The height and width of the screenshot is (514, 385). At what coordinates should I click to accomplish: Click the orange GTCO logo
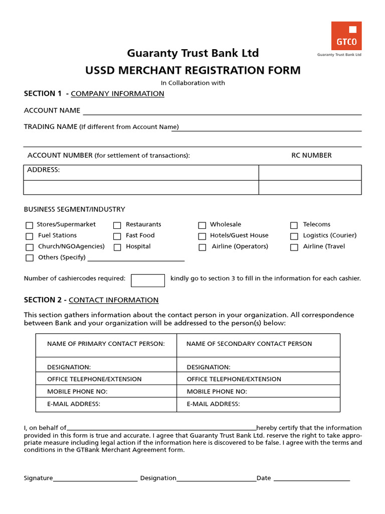(x=346, y=36)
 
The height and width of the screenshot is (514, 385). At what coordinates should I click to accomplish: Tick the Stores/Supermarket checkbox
(x=30, y=225)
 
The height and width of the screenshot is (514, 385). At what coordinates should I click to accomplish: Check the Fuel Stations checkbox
(x=30, y=236)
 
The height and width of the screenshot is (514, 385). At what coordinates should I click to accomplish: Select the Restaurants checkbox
(x=117, y=225)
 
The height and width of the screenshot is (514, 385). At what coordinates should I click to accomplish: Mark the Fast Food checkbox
(x=117, y=236)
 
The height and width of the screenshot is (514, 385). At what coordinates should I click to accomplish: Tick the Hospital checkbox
(x=117, y=247)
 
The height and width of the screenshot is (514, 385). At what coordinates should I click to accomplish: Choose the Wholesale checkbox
(x=202, y=225)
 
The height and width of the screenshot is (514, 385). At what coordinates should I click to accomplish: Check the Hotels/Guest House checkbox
(x=202, y=236)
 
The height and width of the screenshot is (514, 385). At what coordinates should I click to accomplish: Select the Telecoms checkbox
(x=294, y=225)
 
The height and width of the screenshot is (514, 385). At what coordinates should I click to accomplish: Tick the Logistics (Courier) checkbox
(x=294, y=236)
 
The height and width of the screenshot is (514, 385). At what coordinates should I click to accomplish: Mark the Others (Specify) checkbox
(x=30, y=258)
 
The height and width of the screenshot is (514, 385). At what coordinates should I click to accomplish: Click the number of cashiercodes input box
(x=148, y=280)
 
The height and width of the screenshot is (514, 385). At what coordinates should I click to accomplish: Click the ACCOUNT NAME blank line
(x=222, y=111)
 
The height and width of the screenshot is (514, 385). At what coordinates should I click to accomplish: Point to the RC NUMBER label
(x=311, y=156)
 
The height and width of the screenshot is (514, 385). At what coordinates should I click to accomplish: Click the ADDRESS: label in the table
(x=44, y=170)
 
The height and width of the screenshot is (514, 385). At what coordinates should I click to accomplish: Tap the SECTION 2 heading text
(x=91, y=300)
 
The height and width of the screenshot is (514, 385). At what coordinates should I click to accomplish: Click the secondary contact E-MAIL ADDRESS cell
(x=258, y=404)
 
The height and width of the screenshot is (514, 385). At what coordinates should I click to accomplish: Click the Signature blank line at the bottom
(x=95, y=478)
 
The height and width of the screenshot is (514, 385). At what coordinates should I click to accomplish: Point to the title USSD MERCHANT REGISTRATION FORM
(x=193, y=70)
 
